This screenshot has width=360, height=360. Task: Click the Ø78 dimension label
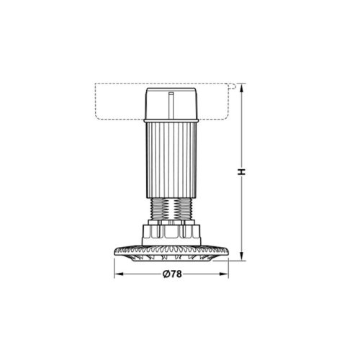171,275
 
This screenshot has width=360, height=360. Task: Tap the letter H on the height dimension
243,171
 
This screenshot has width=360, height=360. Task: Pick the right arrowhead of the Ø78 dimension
225,275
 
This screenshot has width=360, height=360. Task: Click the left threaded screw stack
159,210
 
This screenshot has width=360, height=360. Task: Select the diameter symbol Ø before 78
165,275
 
